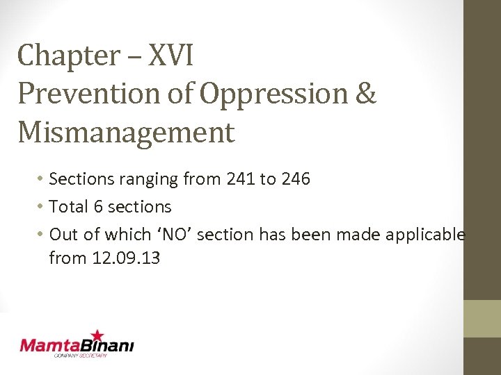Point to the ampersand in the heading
tap(364, 94)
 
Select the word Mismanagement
tap(126, 133)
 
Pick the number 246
tap(295, 179)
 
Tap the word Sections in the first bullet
tap(79, 179)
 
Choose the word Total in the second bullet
tap(69, 207)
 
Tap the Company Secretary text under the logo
tap(81, 356)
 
